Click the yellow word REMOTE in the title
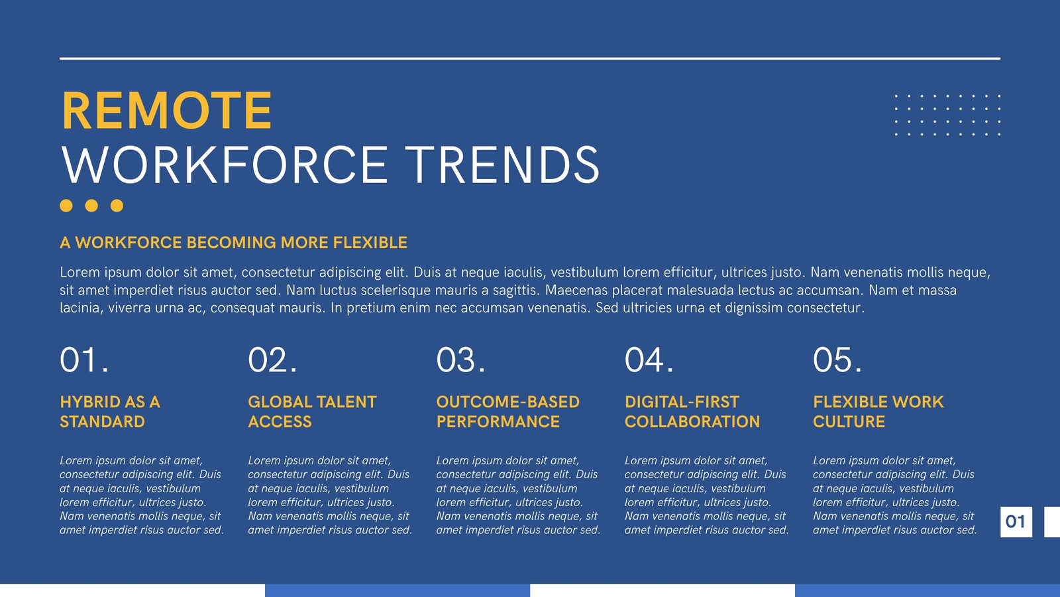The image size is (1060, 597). tap(166, 110)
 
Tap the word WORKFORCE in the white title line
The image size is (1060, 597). tap(225, 165)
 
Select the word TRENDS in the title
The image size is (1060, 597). tap(503, 165)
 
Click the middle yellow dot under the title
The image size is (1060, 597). tap(91, 206)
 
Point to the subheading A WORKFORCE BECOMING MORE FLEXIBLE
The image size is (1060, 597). tap(233, 243)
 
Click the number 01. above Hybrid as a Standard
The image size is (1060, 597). tap(84, 360)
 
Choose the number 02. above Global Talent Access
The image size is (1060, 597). tap(272, 360)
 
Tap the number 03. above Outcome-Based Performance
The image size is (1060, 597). tap(461, 360)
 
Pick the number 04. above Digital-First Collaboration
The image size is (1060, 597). tap(649, 360)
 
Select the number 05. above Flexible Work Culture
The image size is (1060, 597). tap(837, 360)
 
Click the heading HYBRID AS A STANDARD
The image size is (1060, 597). tap(110, 412)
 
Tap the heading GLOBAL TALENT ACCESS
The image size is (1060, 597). tap(312, 412)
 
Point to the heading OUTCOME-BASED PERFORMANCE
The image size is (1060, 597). tap(507, 412)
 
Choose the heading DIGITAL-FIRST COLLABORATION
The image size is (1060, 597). tap(692, 412)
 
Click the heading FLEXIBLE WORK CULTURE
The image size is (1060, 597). tap(878, 412)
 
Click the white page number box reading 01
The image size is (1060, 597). tap(1016, 521)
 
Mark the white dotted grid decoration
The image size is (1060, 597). tap(948, 115)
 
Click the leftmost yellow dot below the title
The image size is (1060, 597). tap(66, 206)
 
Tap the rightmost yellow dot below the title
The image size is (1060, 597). tap(117, 206)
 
